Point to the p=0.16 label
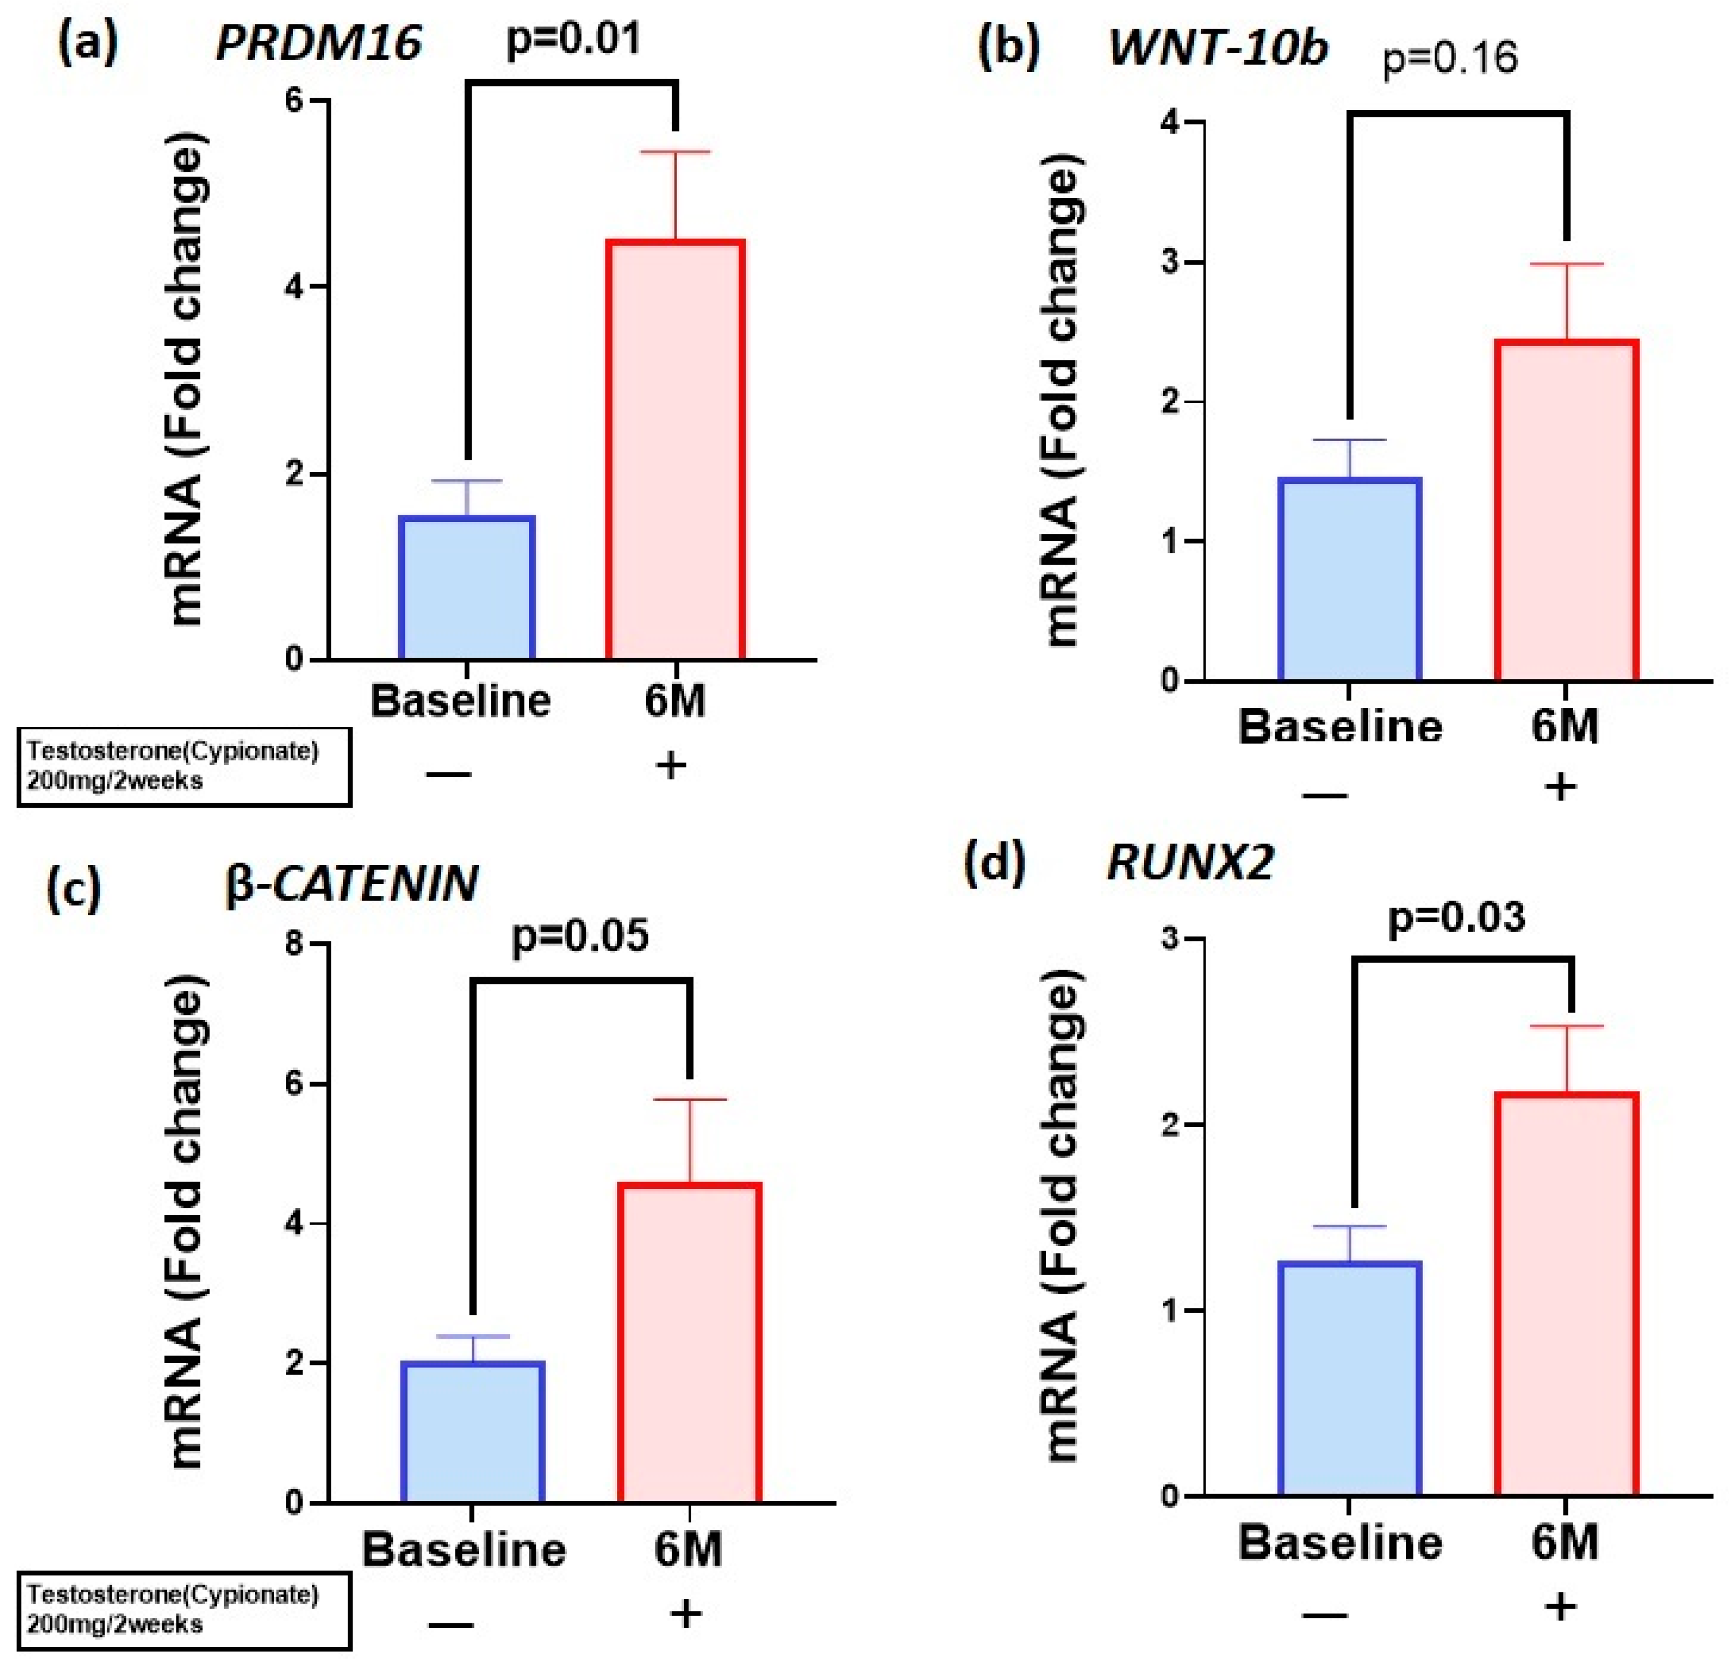pos(1450,59)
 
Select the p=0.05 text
pos(580,935)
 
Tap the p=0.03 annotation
pos(1456,918)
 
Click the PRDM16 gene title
pos(318,42)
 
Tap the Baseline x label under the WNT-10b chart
pos(1340,727)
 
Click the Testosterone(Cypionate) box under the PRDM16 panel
pos(184,766)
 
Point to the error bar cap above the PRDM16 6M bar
pos(676,153)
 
